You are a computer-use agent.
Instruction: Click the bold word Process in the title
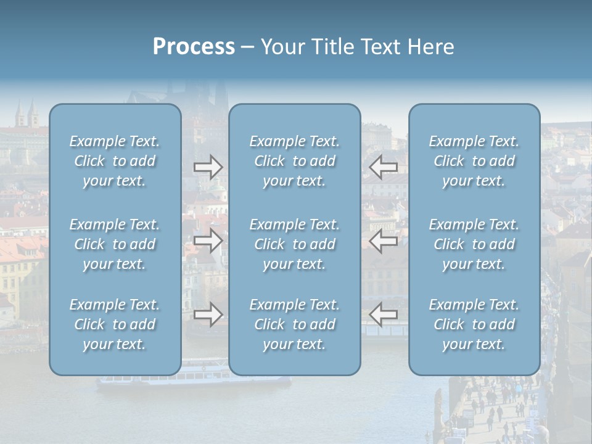[x=194, y=47]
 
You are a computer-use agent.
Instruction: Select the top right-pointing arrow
[x=208, y=167]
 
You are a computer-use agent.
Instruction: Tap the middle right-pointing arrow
[x=208, y=241]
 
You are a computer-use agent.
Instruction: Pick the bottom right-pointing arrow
[x=208, y=315]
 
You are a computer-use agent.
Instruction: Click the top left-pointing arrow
[x=384, y=167]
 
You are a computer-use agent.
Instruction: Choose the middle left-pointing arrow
[x=384, y=241]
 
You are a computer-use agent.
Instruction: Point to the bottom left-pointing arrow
[x=384, y=315]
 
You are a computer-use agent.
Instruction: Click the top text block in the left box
[x=115, y=161]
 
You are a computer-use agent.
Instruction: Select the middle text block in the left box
[x=115, y=244]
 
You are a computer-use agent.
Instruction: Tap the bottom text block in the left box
[x=115, y=324]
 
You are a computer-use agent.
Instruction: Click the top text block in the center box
[x=295, y=161]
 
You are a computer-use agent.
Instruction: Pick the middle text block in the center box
[x=295, y=244]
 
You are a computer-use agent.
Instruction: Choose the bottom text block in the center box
[x=295, y=324]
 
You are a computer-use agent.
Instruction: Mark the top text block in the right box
[x=474, y=161]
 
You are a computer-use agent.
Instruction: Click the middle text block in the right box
[x=474, y=244]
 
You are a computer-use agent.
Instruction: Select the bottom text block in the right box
[x=474, y=324]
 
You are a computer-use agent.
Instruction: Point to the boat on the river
[x=194, y=377]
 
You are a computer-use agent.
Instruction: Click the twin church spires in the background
[x=27, y=115]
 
